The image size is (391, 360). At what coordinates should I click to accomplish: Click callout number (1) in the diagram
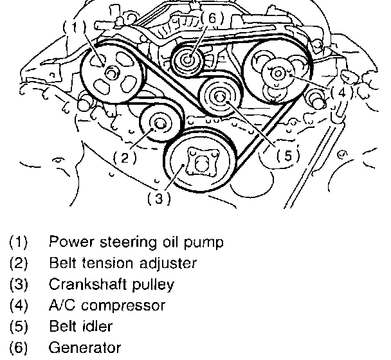pos(75,27)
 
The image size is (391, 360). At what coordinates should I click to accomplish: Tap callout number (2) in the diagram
pos(125,157)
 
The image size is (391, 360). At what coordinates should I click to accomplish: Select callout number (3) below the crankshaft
pos(159,199)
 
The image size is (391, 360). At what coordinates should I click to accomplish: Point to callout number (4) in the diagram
pos(342,93)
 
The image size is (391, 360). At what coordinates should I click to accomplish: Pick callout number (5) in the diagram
pos(288,156)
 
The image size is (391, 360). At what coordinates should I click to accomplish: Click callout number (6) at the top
pos(212,18)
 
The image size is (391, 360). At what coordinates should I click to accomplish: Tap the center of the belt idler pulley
pos(219,97)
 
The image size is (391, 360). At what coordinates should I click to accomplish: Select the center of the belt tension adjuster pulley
pos(159,123)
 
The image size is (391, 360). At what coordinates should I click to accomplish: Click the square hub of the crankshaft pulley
pos(201,162)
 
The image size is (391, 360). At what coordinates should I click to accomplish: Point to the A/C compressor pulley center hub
pos(278,74)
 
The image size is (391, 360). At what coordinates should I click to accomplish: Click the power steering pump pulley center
pos(111,73)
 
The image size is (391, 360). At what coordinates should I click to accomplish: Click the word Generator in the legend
pos(85,348)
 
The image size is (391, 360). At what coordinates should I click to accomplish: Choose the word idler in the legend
pos(96,327)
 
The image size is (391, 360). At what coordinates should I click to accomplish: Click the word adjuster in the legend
pos(168,264)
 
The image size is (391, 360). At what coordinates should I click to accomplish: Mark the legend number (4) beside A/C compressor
pos(19,305)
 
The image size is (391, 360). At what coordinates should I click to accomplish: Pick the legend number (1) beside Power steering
pos(19,242)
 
